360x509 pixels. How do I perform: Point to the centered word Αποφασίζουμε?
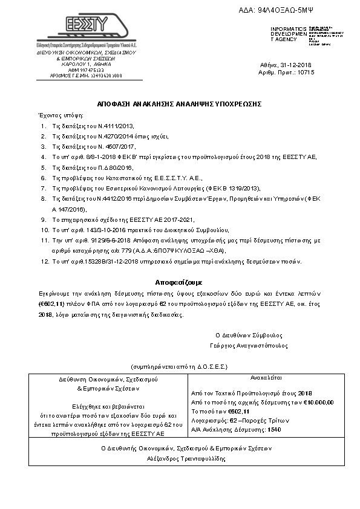pyautogui.click(x=178, y=282)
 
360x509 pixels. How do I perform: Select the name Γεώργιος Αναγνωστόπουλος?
pyautogui.click(x=244, y=346)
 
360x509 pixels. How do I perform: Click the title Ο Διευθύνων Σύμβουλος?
pyautogui.click(x=244, y=336)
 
